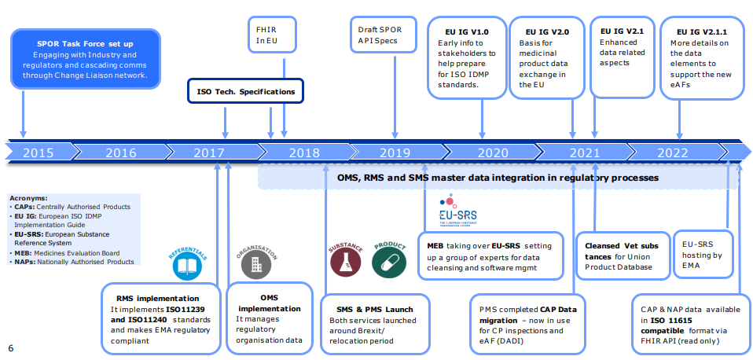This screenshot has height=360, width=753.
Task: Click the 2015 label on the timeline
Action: [38, 152]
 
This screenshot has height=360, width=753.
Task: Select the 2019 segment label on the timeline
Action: [395, 152]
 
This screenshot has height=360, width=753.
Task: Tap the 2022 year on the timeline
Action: [672, 152]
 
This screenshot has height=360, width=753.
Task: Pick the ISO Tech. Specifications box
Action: [245, 92]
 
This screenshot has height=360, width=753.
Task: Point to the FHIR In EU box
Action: [261, 34]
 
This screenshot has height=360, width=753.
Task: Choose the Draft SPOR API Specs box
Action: [380, 35]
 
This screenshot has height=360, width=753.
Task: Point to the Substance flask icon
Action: [345, 266]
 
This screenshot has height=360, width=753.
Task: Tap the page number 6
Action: [10, 347]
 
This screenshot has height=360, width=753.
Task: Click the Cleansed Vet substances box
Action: [622, 255]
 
